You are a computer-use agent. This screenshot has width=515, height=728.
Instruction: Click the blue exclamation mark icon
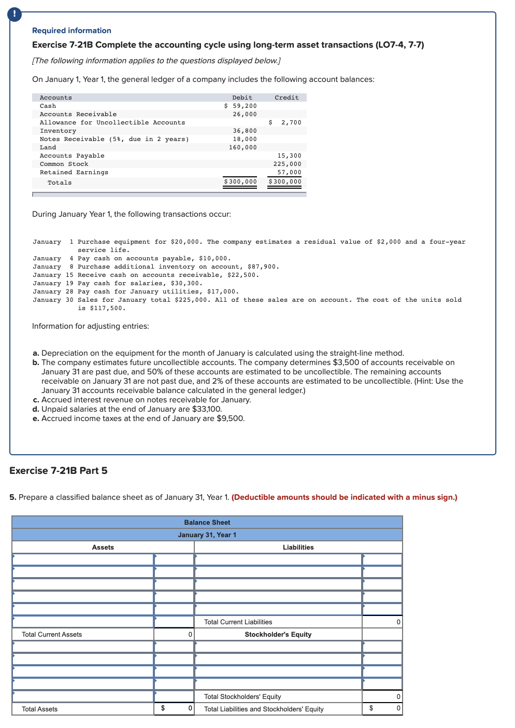point(15,15)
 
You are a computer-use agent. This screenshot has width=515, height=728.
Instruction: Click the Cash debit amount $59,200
point(240,106)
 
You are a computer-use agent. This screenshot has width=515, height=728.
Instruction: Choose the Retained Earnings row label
point(74,172)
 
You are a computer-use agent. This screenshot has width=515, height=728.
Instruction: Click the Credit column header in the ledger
point(287,97)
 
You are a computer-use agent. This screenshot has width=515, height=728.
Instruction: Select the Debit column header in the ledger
point(242,97)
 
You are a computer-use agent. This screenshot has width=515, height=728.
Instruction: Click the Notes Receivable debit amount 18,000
point(245,139)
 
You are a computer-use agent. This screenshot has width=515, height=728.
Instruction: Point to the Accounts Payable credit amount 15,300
point(289,156)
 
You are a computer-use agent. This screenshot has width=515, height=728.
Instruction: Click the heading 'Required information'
point(71,31)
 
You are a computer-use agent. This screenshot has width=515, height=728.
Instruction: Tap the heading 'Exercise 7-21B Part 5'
point(59,470)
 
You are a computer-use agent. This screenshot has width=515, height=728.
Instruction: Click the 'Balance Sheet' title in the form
point(207,522)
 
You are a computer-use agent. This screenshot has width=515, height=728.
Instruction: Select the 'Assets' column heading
point(103,547)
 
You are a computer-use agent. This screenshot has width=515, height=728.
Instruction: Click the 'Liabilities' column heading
point(298,547)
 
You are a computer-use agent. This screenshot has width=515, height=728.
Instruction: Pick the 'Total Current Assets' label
point(52,634)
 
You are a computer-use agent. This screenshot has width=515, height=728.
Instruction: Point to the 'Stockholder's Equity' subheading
point(278,634)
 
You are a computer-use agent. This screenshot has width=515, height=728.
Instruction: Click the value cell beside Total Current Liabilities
point(382,622)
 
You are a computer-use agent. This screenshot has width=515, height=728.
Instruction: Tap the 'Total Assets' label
point(40,709)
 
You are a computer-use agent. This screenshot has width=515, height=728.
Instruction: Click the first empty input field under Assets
point(83,559)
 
